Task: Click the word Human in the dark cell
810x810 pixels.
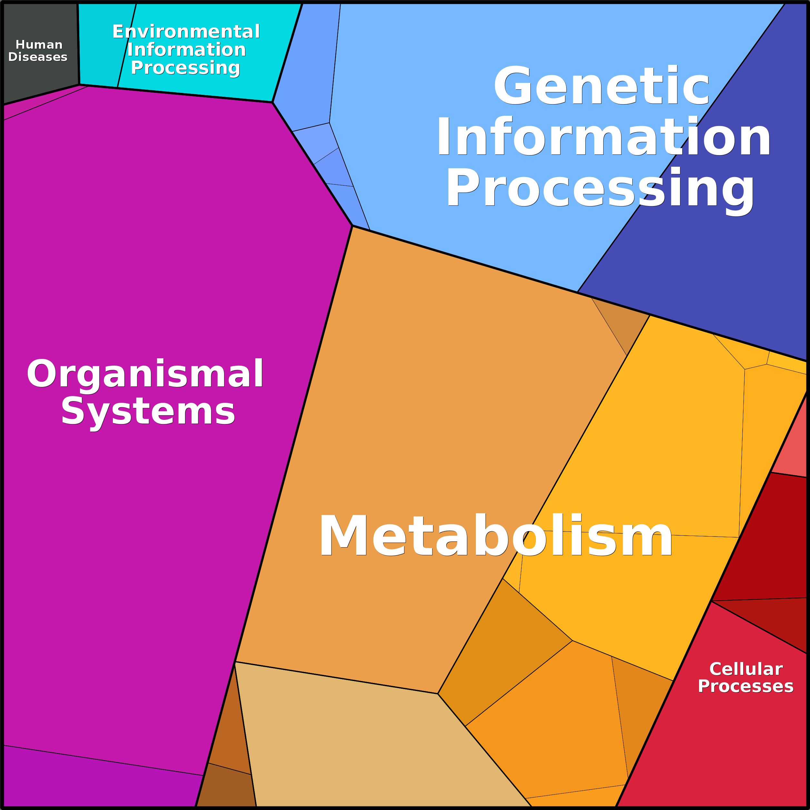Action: pos(39,44)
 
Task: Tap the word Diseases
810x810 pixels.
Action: pos(38,57)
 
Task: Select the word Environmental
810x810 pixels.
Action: pos(186,32)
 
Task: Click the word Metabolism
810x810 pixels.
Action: pos(496,537)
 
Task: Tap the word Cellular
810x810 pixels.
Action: pos(746,669)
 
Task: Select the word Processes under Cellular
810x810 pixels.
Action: pos(746,686)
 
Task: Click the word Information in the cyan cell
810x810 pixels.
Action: pos(186,49)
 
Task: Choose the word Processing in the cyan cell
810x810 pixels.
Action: pos(185,67)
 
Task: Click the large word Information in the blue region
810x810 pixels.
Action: pos(604,137)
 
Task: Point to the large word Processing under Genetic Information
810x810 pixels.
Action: pos(600,188)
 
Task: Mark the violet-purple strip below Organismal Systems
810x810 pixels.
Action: pos(92,784)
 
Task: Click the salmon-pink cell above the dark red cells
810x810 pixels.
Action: pos(792,444)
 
